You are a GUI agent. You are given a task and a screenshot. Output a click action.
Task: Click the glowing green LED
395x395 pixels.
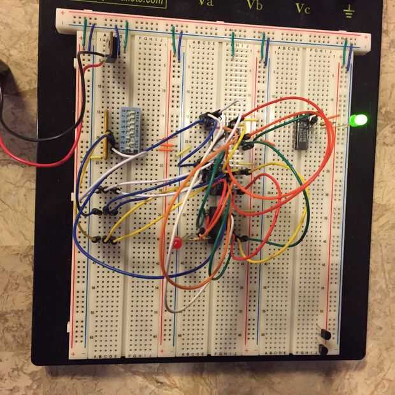coord(360,120)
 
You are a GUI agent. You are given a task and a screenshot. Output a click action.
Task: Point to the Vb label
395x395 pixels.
coord(254,6)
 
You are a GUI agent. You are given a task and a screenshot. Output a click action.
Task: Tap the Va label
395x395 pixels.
coord(205,3)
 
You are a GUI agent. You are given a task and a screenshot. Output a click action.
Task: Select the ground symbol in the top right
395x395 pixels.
coord(348,9)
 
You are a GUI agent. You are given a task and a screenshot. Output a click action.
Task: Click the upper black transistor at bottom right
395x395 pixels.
coord(325,334)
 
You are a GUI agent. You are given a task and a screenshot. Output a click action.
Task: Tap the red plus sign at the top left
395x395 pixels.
coord(62,12)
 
